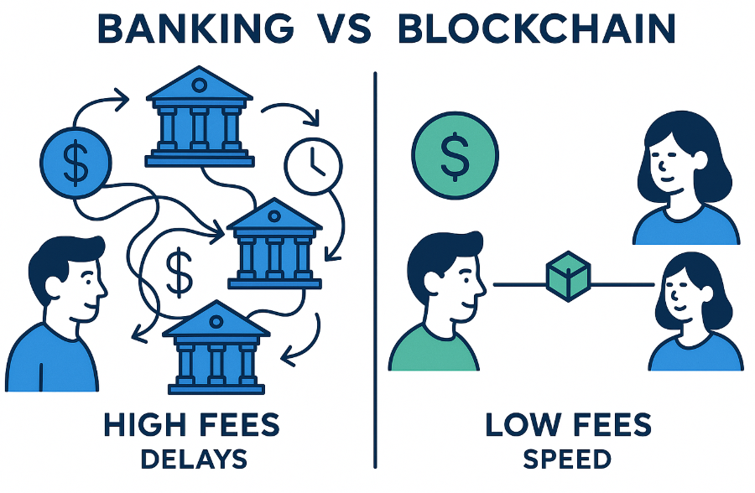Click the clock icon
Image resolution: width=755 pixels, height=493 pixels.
point(314,166)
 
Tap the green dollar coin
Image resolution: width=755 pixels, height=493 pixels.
point(455,155)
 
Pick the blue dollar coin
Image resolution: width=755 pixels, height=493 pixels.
point(75,163)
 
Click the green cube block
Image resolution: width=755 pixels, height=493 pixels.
point(569,277)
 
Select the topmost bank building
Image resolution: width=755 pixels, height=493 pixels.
point(200,117)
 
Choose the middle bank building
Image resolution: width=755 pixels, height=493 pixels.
point(274,243)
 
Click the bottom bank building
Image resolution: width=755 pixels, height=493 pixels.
point(216,348)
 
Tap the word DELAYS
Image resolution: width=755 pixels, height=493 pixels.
point(194,459)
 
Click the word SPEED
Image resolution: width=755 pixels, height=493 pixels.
point(567,459)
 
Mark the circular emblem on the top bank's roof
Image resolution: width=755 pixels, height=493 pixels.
point(199,86)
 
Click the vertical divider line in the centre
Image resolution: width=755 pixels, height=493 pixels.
point(375,270)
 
